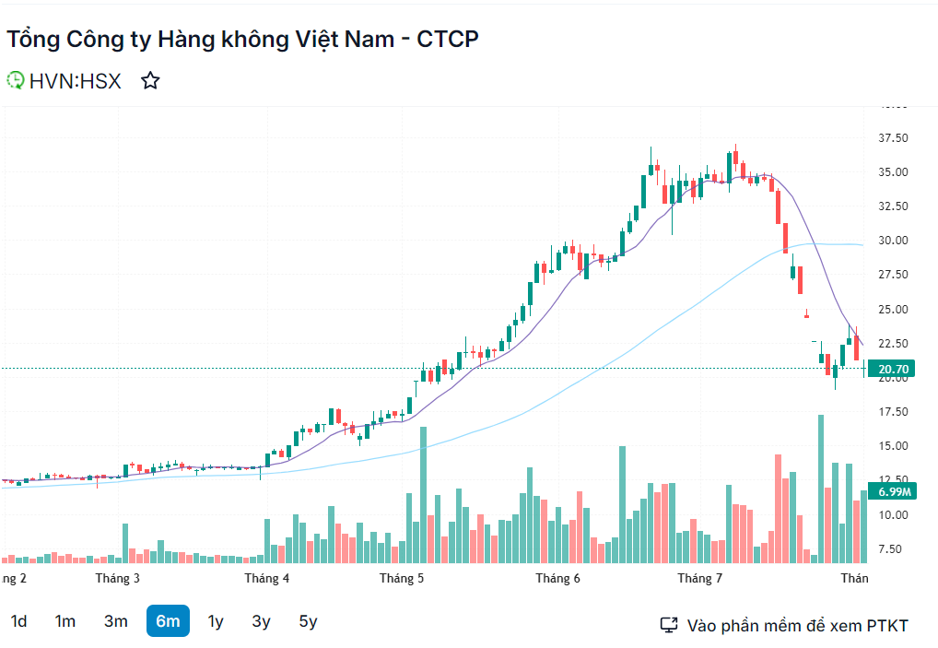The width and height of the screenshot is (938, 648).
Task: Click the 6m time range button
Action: point(168,621)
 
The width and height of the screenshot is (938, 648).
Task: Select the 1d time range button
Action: point(18,621)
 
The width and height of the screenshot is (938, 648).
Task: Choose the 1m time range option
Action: point(64,621)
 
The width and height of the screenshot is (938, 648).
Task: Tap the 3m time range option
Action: point(116,621)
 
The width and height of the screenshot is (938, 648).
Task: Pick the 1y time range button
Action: point(216,621)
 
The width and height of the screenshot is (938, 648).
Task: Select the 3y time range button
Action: point(262,621)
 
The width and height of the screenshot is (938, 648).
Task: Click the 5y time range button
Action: point(308,621)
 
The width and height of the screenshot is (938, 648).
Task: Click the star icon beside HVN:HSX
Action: point(150,81)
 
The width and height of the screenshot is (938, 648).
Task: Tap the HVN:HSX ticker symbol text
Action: point(75,81)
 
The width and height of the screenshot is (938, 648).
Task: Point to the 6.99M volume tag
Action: point(895,491)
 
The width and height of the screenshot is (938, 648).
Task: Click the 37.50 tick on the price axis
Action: point(893,138)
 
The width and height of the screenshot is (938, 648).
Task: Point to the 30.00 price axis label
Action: point(893,241)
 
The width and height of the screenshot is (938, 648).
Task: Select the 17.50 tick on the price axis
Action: point(893,412)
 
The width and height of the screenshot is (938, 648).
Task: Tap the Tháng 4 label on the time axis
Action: point(267,579)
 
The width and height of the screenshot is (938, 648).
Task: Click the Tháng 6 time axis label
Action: point(558,579)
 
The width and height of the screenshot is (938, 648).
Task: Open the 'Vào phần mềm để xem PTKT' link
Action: point(797,626)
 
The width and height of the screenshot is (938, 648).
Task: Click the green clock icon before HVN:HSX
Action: point(16,81)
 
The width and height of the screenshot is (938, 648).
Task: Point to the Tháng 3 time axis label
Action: point(118,579)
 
